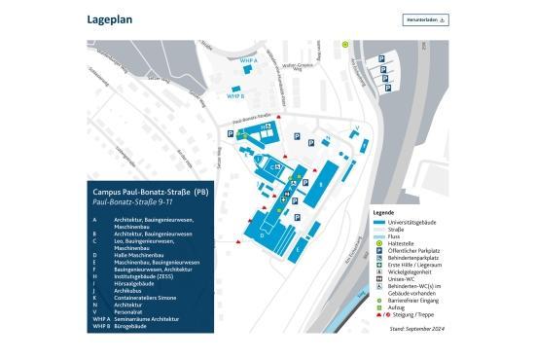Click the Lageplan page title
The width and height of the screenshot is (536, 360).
(110, 18)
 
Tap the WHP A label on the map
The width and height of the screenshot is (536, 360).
(248, 60)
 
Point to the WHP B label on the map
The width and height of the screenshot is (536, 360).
(234, 96)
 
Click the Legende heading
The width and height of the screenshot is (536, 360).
(384, 211)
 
